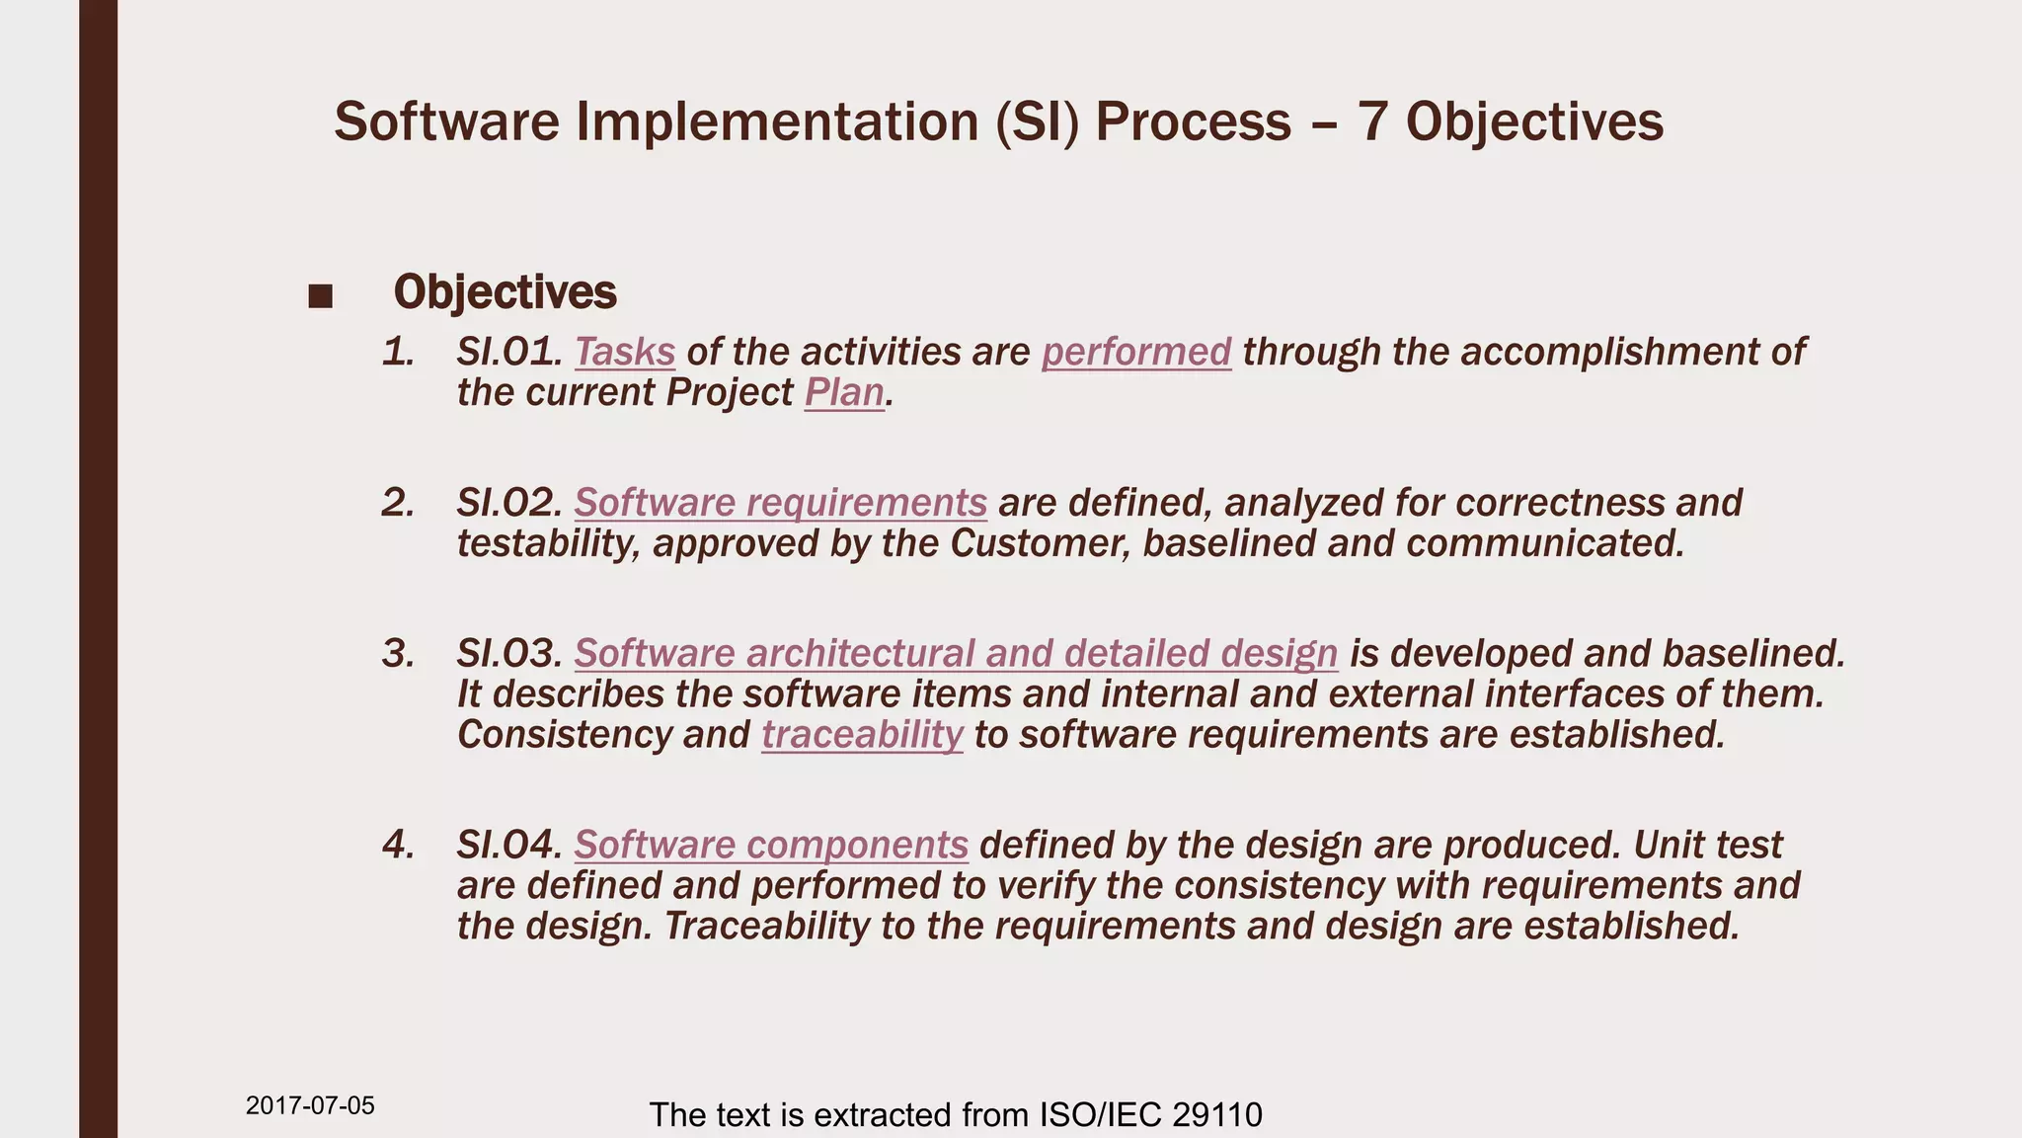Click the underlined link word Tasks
coord(624,353)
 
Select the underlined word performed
coord(1135,353)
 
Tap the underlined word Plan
coord(844,393)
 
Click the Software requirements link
coord(780,504)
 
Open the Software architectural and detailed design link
coord(956,655)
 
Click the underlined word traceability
coord(862,736)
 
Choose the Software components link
coord(771,846)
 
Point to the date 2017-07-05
coord(310,1105)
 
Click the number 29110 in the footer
coord(1217,1115)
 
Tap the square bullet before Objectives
coord(320,295)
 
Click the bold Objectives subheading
coord(505,292)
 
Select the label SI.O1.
coord(508,353)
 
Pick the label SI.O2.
coord(508,504)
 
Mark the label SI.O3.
coord(508,655)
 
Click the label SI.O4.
coord(508,846)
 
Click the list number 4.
coord(398,846)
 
